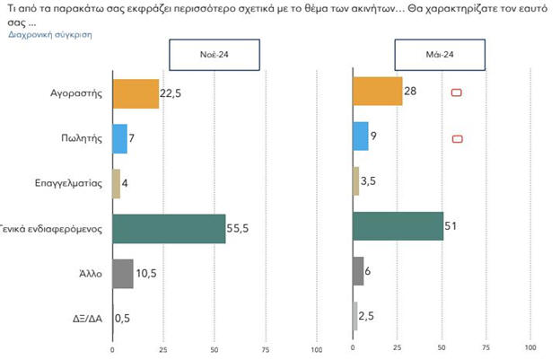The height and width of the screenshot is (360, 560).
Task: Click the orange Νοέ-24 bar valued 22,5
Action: point(136,93)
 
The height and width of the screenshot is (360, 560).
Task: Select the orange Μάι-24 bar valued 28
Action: point(378,92)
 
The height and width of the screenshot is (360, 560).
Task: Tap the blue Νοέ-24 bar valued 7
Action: point(119,138)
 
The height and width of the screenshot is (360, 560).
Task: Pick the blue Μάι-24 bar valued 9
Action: point(361,136)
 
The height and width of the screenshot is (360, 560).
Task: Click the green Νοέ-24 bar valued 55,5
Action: point(169,228)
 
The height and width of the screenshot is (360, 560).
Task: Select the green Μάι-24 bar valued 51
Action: point(398,226)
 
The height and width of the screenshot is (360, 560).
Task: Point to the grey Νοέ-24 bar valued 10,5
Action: point(123,273)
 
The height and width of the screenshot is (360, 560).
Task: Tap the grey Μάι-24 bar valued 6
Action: point(358,270)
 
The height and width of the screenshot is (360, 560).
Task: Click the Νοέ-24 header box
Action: point(214,55)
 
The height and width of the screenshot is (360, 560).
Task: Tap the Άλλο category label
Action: point(94,273)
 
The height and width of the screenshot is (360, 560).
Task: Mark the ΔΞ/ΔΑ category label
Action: point(91,317)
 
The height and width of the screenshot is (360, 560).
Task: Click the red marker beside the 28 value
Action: point(456,93)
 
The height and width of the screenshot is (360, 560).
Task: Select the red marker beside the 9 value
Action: point(457,138)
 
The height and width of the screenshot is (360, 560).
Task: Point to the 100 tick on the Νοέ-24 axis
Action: point(316,348)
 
